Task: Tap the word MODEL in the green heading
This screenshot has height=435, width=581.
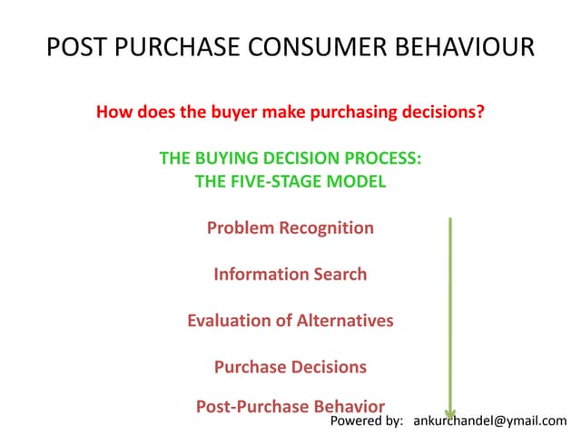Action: coord(356,181)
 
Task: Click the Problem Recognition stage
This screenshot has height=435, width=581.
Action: coord(290,227)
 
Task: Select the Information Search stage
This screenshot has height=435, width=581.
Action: coord(290,274)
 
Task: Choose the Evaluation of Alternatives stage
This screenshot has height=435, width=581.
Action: coord(290,321)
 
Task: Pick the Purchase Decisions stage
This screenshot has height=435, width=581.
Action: coord(290,367)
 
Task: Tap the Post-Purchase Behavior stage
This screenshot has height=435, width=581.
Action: coord(290,406)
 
